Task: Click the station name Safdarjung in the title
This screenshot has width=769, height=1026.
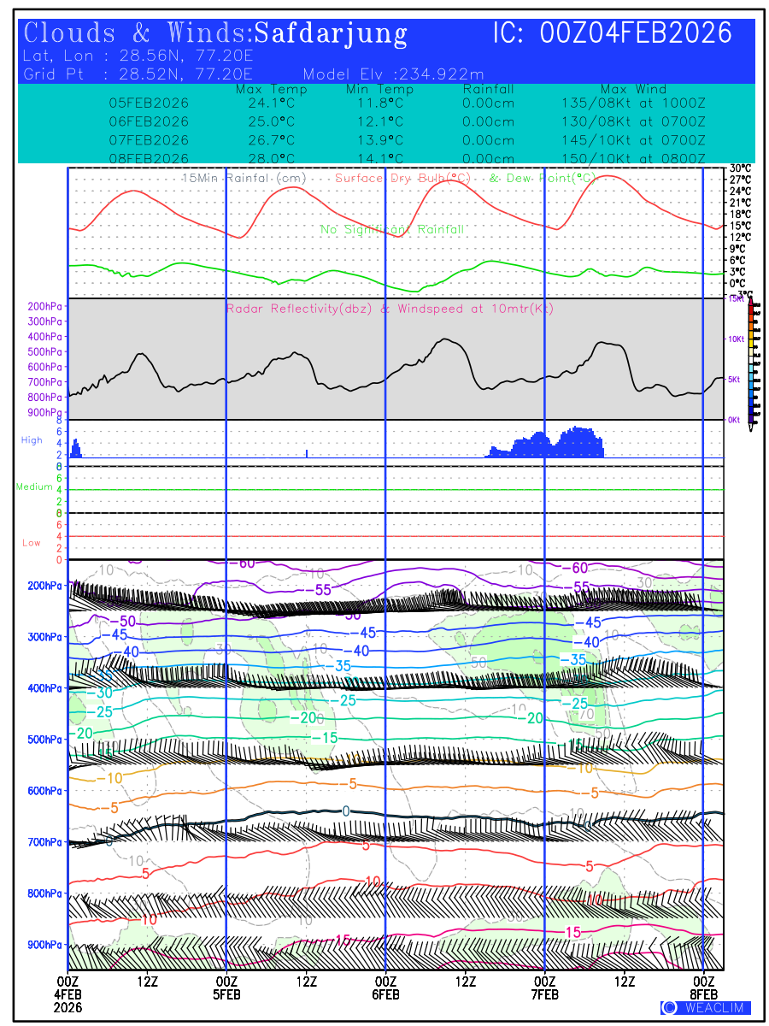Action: point(331,34)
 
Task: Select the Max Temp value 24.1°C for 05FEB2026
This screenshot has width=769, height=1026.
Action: point(266,103)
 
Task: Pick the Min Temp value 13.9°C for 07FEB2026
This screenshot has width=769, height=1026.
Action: point(379,140)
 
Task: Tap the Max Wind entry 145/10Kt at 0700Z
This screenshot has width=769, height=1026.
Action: point(631,140)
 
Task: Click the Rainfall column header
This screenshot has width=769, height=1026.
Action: point(488,89)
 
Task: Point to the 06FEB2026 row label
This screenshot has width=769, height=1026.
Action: point(149,121)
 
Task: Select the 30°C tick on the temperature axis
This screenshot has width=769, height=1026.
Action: point(740,168)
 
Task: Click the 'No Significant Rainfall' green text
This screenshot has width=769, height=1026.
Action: point(392,230)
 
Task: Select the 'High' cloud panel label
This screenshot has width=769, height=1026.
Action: point(32,440)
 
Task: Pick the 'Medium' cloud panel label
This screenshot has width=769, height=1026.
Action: point(34,487)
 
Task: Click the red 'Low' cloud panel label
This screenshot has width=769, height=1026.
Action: point(32,543)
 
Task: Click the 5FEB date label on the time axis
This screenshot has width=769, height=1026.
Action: point(226,994)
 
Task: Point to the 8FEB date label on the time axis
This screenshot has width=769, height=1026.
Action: point(704,994)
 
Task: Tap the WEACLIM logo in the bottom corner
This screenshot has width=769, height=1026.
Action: point(706,1008)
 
